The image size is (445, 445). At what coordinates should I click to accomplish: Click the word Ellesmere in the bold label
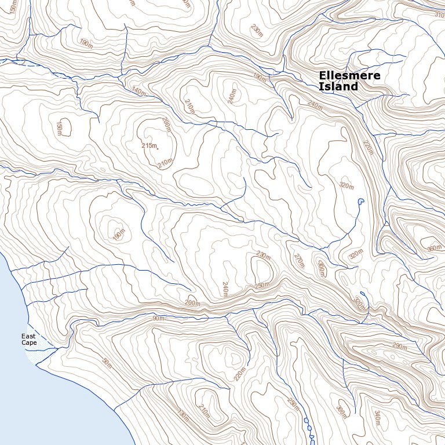pos(349,76)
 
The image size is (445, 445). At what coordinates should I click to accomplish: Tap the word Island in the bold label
pos(338,87)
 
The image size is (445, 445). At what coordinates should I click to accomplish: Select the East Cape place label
pos(29,340)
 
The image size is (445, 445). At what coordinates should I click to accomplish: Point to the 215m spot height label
pos(149,145)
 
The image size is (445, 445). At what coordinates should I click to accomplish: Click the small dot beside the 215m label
pos(158,149)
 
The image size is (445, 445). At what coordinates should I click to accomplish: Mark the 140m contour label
pos(139,91)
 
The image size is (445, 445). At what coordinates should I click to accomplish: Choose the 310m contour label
pos(439,14)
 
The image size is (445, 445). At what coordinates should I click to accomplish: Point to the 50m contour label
pos(106,363)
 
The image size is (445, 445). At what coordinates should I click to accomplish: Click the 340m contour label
pos(377,416)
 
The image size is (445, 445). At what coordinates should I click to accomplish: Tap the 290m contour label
pos(400,346)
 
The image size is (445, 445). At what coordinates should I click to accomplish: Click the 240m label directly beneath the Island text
pos(315,105)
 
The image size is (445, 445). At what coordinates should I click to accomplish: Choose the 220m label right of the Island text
pos(369,150)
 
